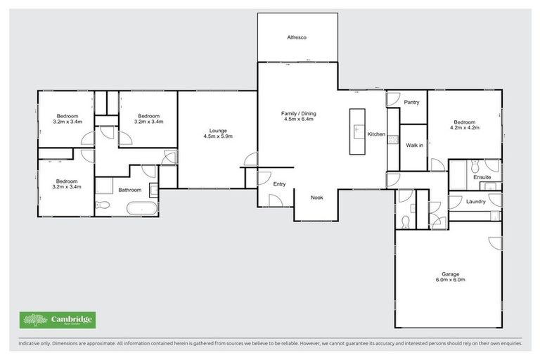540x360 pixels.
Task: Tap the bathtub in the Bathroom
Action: [x=143, y=208]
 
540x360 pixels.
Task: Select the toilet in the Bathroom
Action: [x=102, y=205]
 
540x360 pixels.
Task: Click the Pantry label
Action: [x=411, y=102]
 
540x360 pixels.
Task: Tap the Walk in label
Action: [x=414, y=145]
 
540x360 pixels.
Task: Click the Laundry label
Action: [x=476, y=202]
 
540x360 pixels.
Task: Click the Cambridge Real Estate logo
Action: [x=58, y=320]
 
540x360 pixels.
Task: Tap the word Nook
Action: [x=316, y=198]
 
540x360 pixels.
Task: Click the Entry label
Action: [x=279, y=184]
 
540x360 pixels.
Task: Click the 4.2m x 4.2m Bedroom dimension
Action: [x=464, y=128]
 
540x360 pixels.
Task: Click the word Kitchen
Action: [x=375, y=134]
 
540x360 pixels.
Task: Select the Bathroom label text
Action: [x=129, y=190]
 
